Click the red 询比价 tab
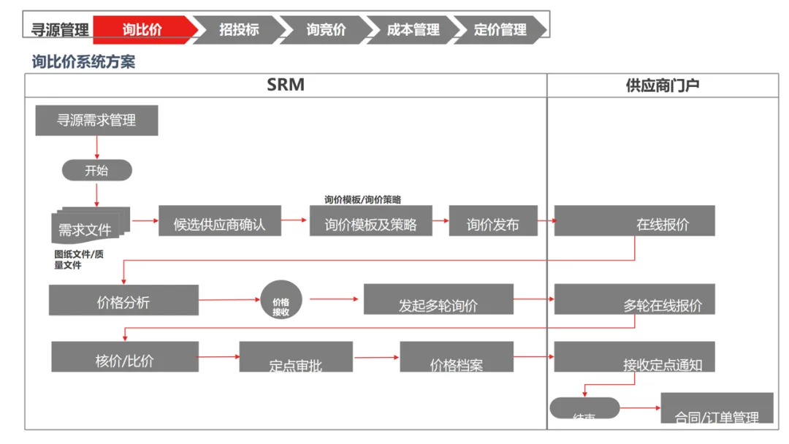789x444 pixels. (x=143, y=29)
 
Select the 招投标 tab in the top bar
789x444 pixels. (x=239, y=29)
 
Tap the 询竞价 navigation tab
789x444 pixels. (x=326, y=29)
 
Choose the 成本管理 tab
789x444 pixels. (x=413, y=29)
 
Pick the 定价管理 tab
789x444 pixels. (x=500, y=29)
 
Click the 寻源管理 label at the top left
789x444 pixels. (x=60, y=30)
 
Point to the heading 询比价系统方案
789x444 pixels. (x=83, y=61)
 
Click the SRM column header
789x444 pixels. (x=286, y=85)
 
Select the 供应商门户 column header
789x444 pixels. (x=663, y=85)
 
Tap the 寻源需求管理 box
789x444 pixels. (x=96, y=120)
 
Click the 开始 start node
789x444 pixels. (x=96, y=171)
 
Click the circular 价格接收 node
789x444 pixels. (x=281, y=300)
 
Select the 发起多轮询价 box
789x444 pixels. (x=438, y=300)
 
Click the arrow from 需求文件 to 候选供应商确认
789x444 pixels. (x=145, y=219)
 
